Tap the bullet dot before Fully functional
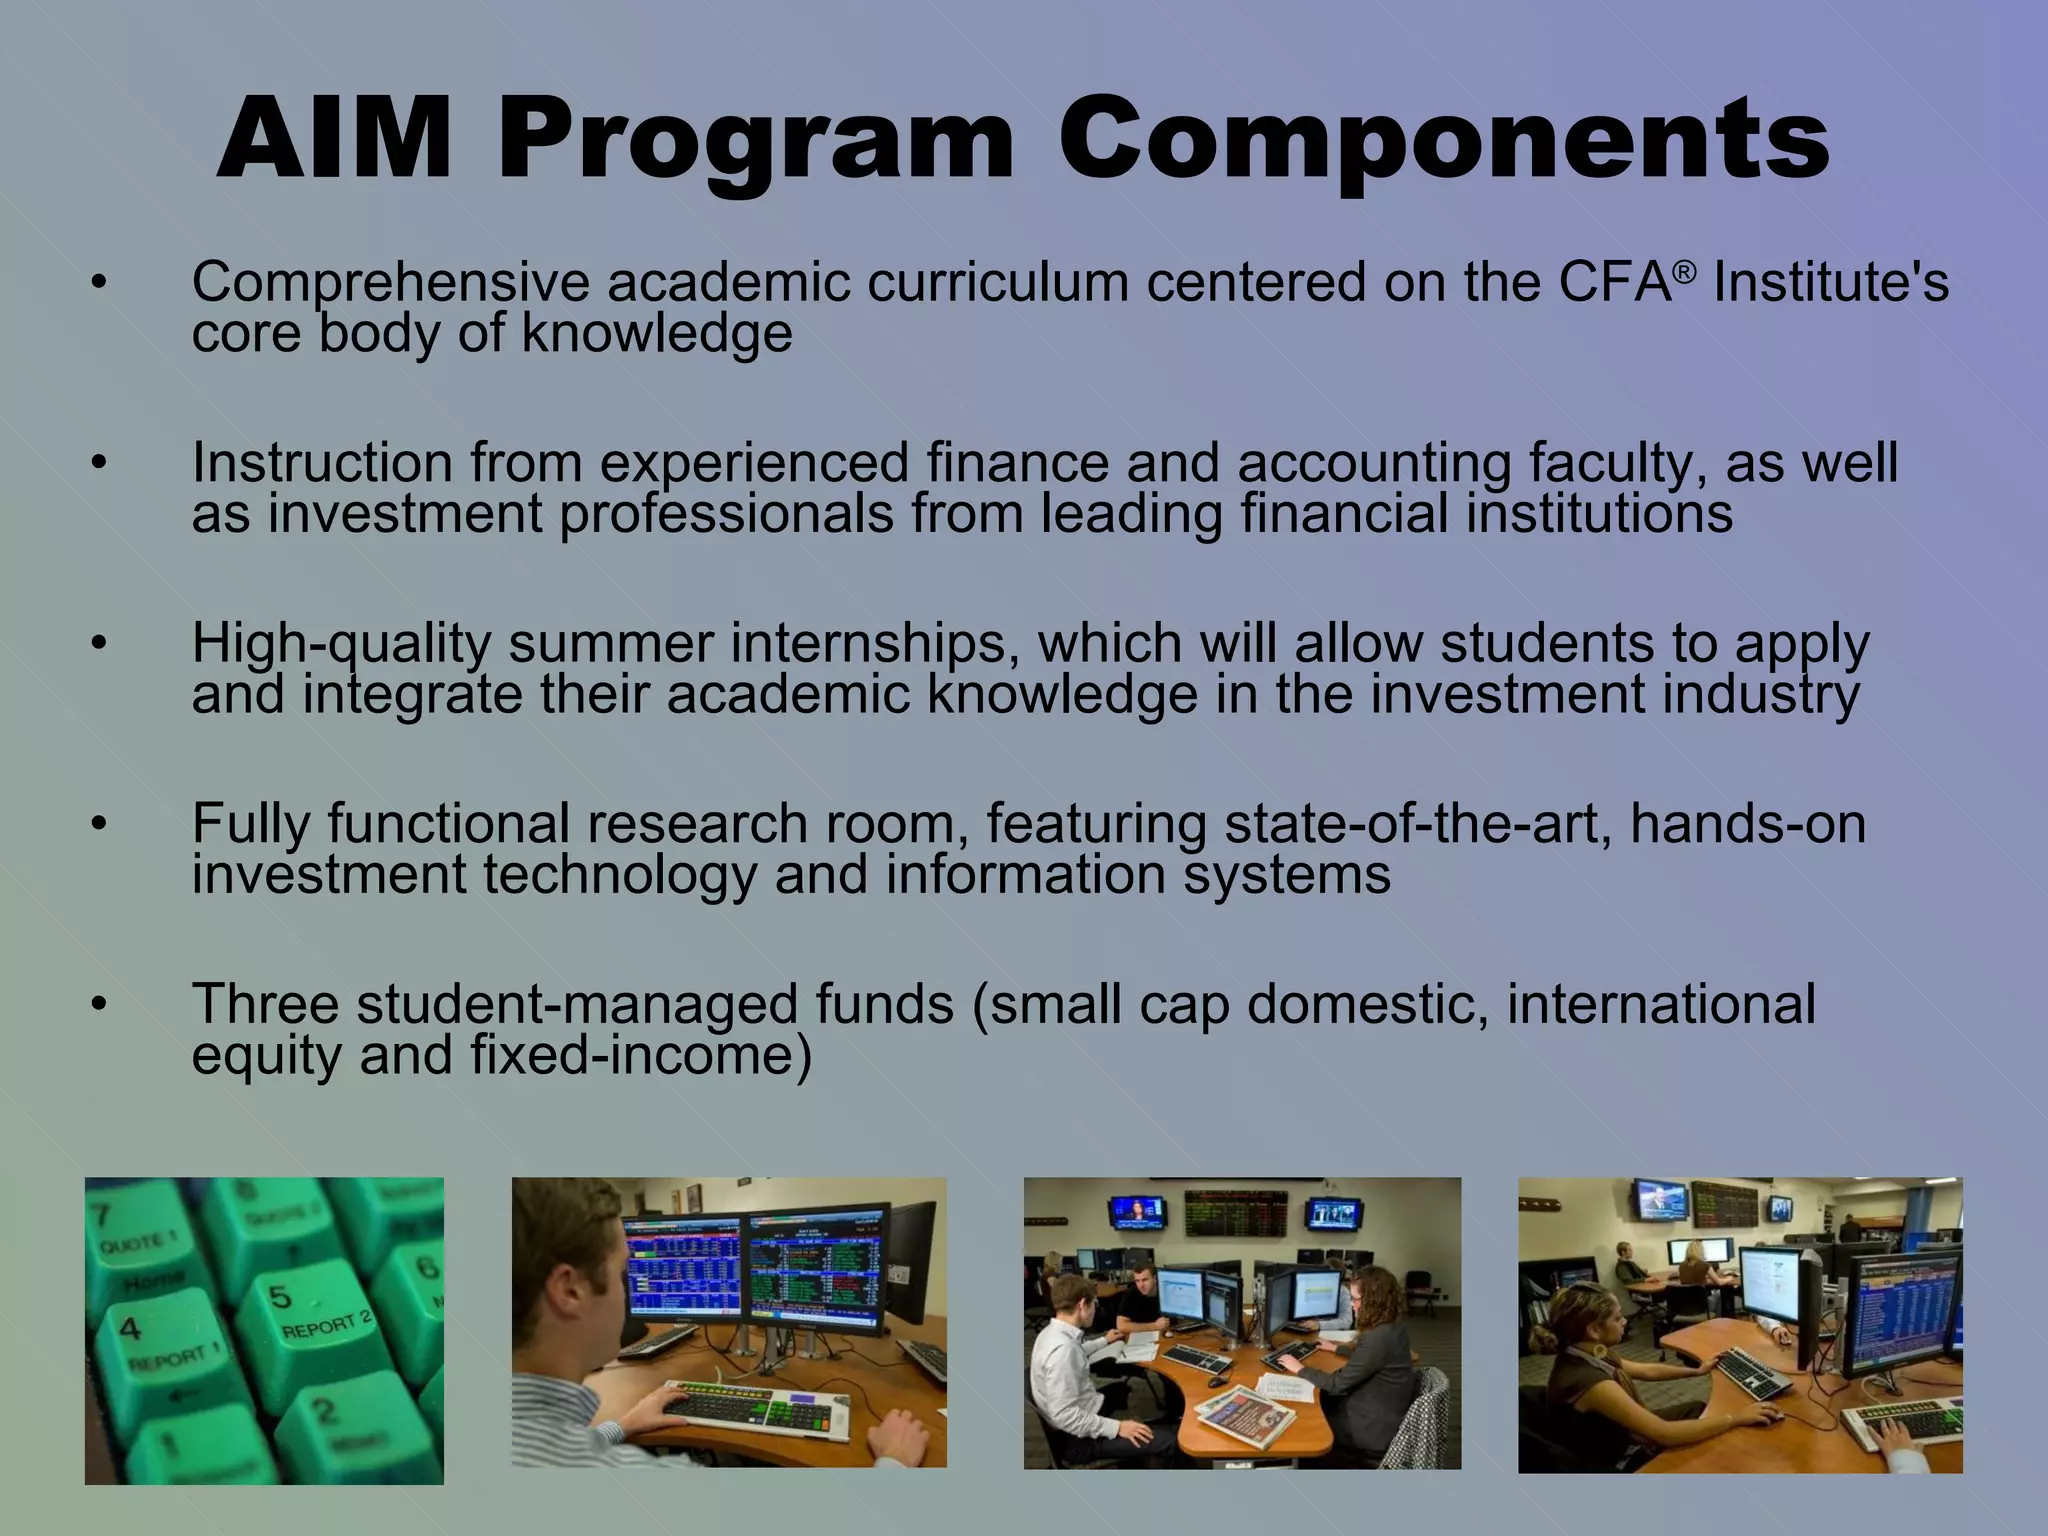(x=97, y=825)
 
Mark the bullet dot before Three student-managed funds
(x=97, y=1004)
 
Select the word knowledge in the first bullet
(x=656, y=334)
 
